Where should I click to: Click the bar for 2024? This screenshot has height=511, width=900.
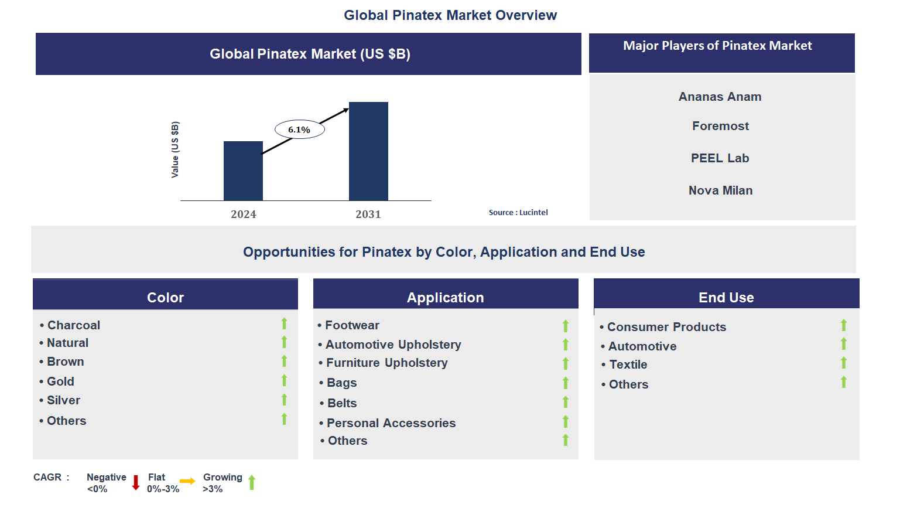[243, 171]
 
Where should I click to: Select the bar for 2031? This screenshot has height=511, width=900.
[368, 151]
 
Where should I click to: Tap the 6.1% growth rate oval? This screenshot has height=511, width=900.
[299, 130]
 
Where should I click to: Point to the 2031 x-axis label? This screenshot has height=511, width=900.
[368, 214]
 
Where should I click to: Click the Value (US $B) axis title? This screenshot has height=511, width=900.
[175, 149]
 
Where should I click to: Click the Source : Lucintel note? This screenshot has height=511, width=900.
[518, 213]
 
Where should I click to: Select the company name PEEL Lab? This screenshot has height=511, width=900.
[720, 158]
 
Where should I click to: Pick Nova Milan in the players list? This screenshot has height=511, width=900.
[720, 190]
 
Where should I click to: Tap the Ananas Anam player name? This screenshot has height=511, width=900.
[720, 97]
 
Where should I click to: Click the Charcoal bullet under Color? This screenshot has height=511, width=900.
[73, 325]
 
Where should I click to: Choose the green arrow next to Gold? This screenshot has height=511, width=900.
[284, 381]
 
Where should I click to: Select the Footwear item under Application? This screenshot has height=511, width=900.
[352, 325]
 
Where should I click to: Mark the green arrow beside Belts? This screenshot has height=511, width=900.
[566, 402]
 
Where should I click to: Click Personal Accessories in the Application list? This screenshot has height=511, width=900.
[391, 423]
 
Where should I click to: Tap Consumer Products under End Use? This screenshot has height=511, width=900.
[666, 327]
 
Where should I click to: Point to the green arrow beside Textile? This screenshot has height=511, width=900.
[844, 363]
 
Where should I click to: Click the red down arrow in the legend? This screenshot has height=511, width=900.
[136, 483]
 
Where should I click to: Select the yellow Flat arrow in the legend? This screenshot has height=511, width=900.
[187, 481]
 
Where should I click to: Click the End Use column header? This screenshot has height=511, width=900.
[726, 298]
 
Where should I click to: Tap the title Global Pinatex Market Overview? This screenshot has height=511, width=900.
[450, 15]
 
